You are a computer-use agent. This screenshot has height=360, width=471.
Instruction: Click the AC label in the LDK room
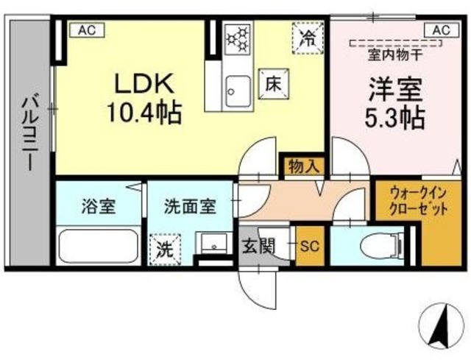87,30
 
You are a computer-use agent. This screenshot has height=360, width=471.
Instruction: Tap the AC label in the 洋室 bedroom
442,30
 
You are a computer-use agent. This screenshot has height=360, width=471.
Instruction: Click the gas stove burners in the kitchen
238,39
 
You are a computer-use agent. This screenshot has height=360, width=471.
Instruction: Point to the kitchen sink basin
238,91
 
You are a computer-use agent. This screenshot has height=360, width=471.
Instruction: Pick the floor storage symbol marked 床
274,84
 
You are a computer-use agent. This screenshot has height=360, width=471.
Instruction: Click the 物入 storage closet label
304,166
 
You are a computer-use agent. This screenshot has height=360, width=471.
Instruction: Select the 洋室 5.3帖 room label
394,102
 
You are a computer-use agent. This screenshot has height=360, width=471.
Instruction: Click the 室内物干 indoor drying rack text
395,56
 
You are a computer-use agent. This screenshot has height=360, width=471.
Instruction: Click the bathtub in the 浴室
99,246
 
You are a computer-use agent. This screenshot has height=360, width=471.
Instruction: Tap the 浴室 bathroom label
99,207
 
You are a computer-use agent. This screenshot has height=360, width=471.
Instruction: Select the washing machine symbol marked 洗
166,249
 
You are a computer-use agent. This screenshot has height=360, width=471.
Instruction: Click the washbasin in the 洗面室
214,242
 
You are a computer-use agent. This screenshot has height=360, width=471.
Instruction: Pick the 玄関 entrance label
258,247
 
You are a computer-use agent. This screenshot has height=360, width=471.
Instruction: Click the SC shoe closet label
310,247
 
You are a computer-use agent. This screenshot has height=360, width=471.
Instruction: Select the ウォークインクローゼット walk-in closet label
419,201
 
